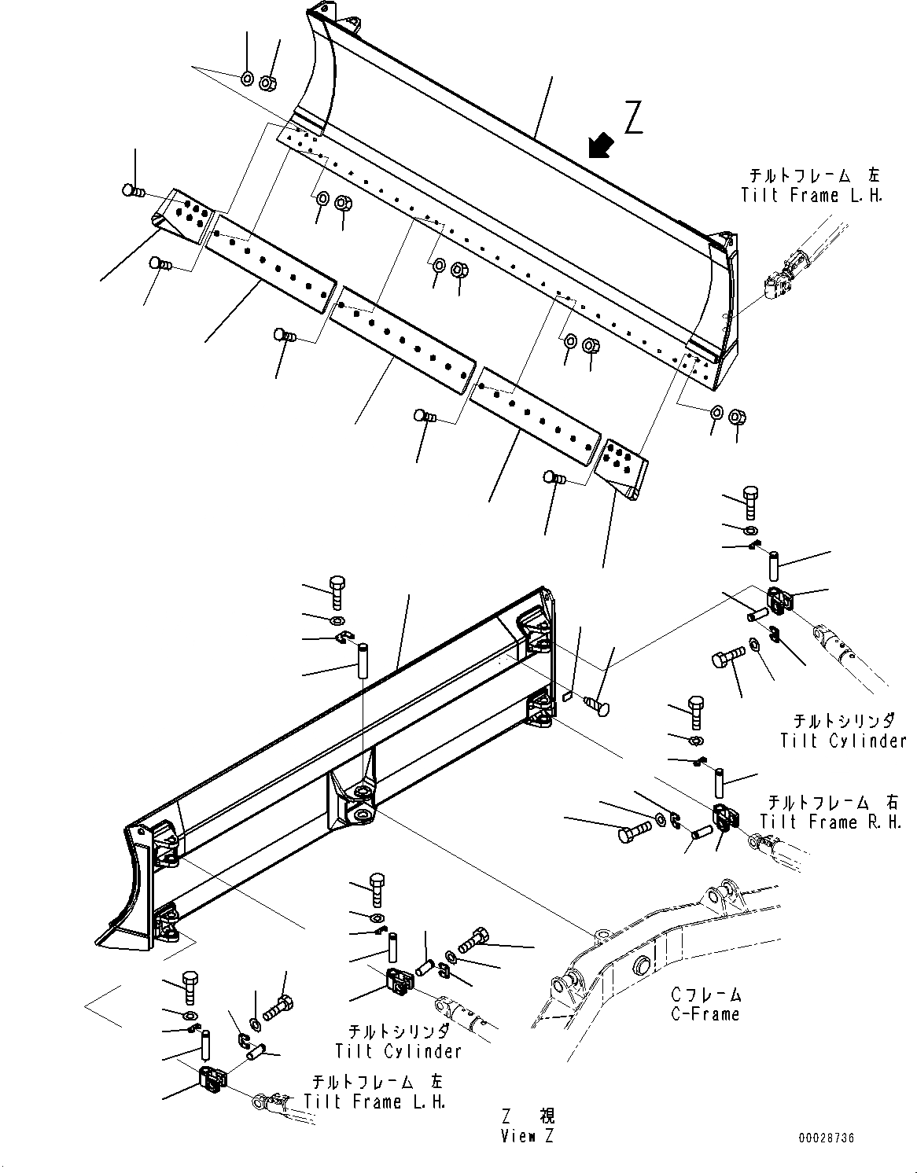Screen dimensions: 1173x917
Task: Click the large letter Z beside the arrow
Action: pyautogui.click(x=635, y=117)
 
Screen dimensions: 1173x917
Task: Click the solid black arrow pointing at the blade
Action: pyautogui.click(x=602, y=145)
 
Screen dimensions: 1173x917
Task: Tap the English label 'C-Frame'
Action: pyautogui.click(x=705, y=1014)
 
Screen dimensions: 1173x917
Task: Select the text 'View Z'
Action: pyautogui.click(x=526, y=1136)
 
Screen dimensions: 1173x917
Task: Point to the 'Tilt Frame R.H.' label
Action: pyautogui.click(x=830, y=822)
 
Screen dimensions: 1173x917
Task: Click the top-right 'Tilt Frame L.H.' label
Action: pyautogui.click(x=812, y=196)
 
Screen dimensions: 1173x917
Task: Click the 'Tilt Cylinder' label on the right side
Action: pyautogui.click(x=843, y=741)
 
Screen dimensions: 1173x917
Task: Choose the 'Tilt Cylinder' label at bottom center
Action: pyautogui.click(x=398, y=1051)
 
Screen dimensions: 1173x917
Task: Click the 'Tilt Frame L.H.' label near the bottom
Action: pyautogui.click(x=375, y=1102)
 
